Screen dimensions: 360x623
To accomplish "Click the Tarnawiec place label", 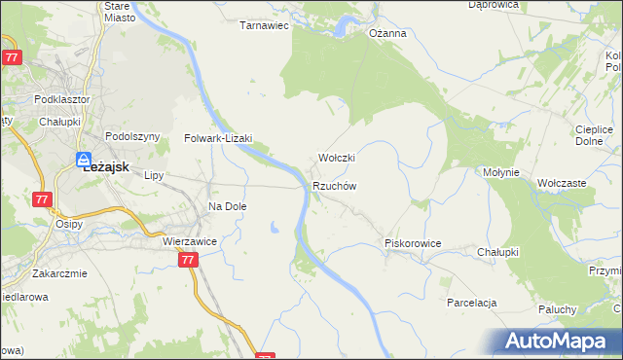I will tap(265, 26).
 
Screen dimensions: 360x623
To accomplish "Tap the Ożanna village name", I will tap(386, 33).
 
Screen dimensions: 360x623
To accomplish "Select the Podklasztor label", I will tap(61, 99).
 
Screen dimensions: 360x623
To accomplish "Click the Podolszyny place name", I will tap(131, 137).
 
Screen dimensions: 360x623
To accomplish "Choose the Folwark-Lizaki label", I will tap(218, 138).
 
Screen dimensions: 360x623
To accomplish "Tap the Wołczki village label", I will tap(337, 158).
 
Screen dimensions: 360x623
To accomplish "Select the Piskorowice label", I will tap(414, 243).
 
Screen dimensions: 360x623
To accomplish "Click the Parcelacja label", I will tap(472, 303).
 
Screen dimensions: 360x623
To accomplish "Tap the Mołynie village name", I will tap(502, 172).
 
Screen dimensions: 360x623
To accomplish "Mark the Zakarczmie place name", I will tap(58, 273).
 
